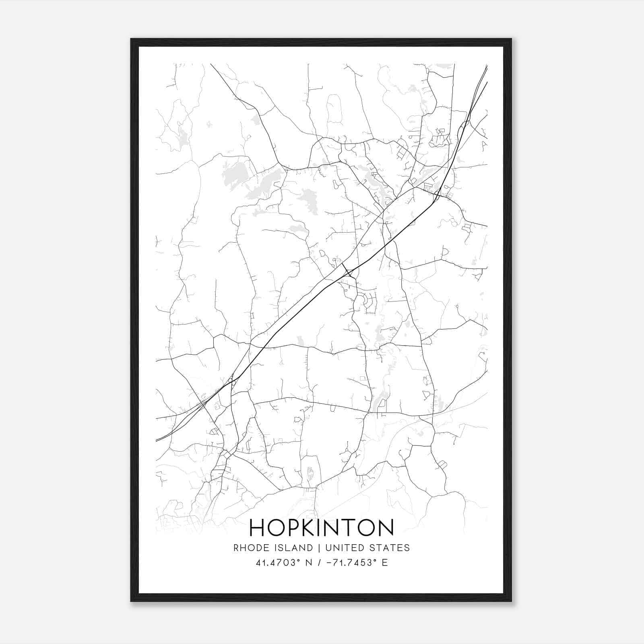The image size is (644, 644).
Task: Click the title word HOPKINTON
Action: point(321,527)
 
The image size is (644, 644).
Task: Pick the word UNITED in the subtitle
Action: point(343,548)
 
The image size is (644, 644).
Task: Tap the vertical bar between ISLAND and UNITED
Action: point(319,548)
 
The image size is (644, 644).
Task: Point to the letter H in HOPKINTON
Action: point(257,527)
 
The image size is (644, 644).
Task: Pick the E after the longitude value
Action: point(385,563)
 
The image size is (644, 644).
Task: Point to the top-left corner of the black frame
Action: point(131,39)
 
